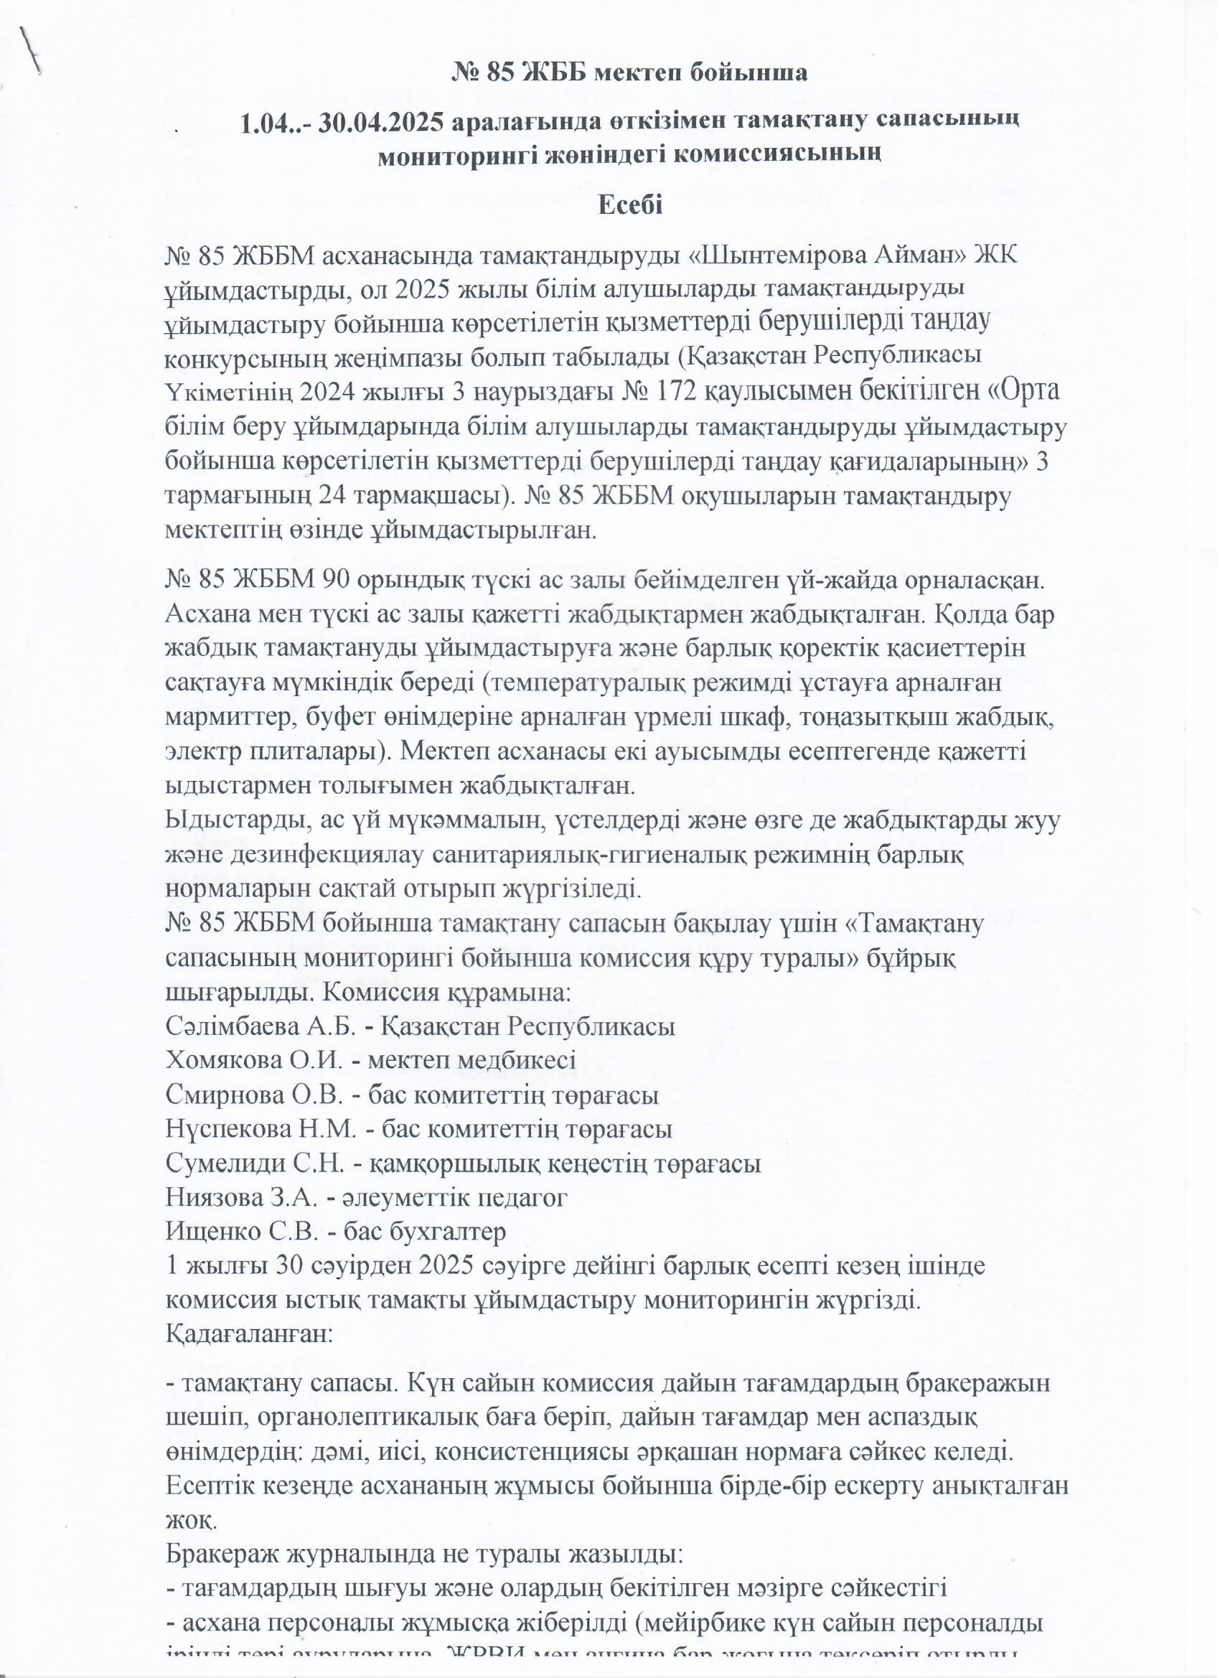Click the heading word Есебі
[x=629, y=205]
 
